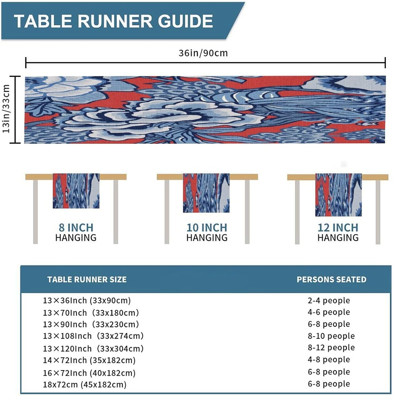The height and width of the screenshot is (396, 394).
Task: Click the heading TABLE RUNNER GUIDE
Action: [x=113, y=21]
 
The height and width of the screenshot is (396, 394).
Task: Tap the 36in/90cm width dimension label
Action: [x=203, y=53]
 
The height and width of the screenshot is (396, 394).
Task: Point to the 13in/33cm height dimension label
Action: [x=6, y=109]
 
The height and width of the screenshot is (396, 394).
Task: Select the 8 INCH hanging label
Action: [x=76, y=228]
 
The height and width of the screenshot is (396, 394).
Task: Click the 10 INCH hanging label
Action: [x=207, y=228]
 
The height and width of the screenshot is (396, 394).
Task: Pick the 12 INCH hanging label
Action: [x=338, y=228]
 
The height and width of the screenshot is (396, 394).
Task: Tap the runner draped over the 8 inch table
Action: [x=76, y=191]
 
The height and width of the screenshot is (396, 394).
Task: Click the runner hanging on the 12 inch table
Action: [x=338, y=195]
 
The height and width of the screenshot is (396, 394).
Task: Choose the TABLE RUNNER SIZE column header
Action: [x=87, y=280]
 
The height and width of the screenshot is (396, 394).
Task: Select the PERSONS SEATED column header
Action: [x=331, y=280]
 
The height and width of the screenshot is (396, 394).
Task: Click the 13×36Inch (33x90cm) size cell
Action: [x=87, y=300]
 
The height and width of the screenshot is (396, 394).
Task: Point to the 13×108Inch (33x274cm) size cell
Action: [x=93, y=336]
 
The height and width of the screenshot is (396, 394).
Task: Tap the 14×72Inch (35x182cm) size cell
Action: [x=89, y=360]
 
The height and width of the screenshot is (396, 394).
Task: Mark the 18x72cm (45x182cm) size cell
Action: [x=85, y=385]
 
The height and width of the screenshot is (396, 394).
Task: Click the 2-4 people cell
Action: [x=329, y=300]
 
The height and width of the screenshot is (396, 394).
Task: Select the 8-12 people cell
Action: [x=331, y=348]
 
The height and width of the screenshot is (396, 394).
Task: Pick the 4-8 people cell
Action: [x=329, y=360]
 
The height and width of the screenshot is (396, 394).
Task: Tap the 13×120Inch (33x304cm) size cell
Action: [x=93, y=349]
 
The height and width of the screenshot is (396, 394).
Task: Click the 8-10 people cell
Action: [x=331, y=336]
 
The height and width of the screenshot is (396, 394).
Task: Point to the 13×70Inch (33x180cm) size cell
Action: [x=91, y=313]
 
